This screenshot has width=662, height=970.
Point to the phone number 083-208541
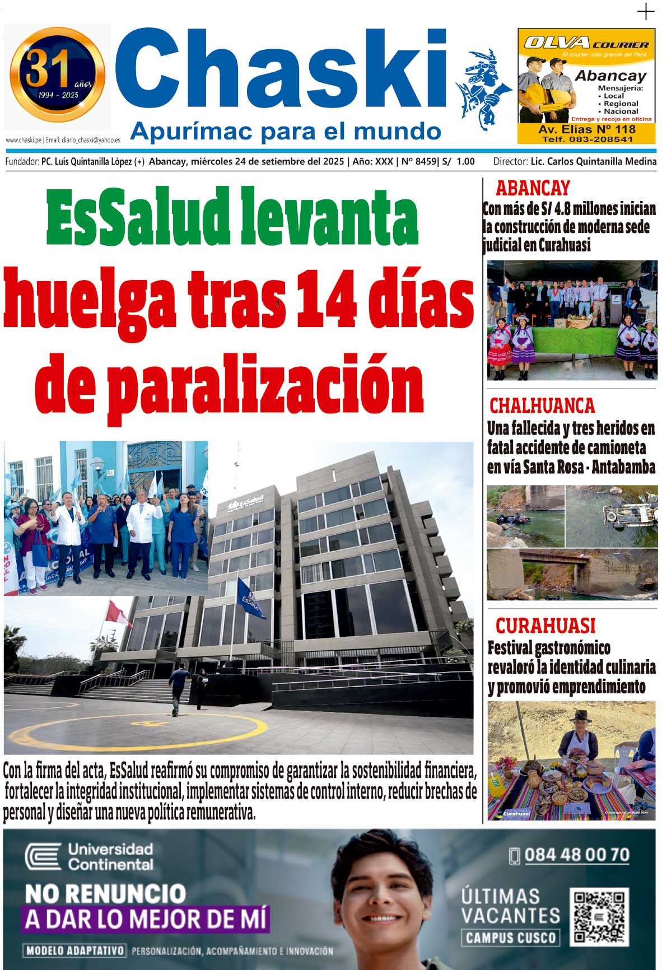click(587, 139)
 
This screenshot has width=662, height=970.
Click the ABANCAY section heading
click(533, 188)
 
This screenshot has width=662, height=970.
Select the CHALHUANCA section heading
click(542, 405)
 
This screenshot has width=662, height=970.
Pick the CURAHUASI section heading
click(545, 626)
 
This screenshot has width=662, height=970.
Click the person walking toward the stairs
click(179, 689)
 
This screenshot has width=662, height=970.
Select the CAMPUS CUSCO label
click(510, 938)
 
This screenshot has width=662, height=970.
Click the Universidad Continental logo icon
click(43, 857)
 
